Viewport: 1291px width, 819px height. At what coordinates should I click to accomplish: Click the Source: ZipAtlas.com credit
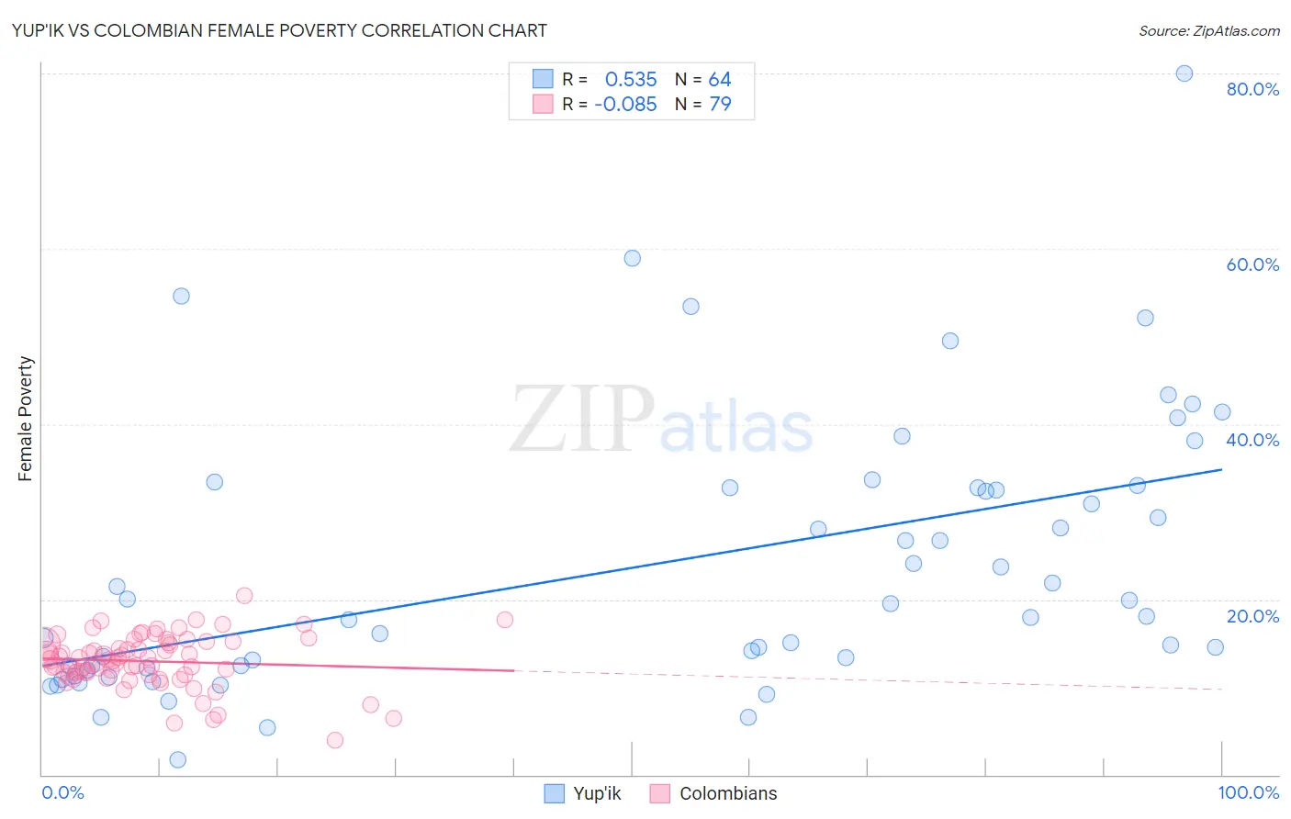[1208, 30]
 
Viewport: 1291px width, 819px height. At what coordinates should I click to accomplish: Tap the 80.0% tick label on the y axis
[1252, 89]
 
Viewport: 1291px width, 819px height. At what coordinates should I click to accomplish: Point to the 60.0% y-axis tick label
[1252, 264]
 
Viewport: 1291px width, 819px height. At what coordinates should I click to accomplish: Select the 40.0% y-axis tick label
[1252, 440]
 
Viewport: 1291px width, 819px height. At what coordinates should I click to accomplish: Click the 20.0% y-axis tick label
[1252, 616]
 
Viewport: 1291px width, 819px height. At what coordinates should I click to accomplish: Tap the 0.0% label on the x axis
[62, 792]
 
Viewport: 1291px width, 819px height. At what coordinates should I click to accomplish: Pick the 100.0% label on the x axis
[1248, 792]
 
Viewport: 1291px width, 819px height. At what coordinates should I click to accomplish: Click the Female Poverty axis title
[26, 419]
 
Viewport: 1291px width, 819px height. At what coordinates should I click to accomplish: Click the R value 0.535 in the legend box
[631, 80]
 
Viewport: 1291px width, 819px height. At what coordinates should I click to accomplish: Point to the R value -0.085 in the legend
[625, 105]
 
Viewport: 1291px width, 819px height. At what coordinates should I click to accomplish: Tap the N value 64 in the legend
[720, 80]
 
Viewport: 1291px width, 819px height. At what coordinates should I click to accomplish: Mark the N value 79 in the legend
[720, 105]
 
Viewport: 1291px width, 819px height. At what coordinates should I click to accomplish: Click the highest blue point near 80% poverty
[1184, 73]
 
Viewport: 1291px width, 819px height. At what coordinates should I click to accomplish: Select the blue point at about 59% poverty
[632, 258]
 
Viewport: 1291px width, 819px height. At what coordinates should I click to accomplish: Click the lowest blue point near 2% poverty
[178, 759]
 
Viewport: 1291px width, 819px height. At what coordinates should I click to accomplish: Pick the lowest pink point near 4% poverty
[335, 740]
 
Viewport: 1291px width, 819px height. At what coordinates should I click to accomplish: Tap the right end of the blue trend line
[1221, 469]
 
